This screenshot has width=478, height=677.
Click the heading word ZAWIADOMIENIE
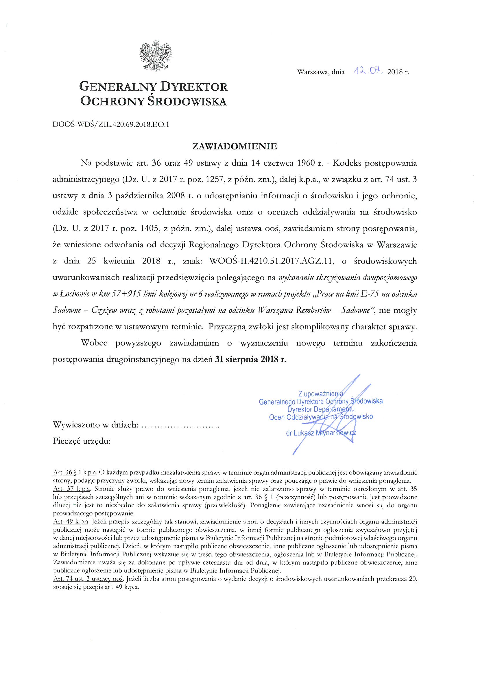pos(235,147)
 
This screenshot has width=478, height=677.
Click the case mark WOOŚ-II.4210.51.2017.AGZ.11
pos(270,261)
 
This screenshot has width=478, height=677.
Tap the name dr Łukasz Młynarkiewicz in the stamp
pos(321,433)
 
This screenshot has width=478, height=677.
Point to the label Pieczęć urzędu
pos(82,441)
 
